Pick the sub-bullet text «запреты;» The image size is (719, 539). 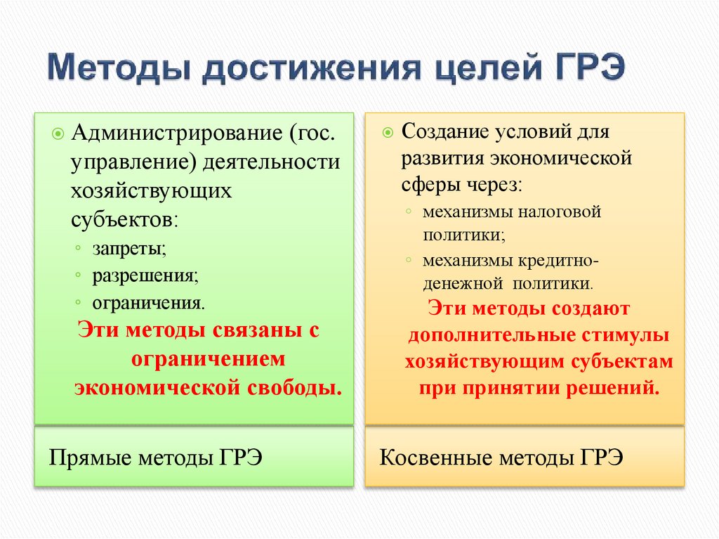(128, 249)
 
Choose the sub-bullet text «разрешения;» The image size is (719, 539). (145, 275)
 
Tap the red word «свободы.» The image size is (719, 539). (296, 387)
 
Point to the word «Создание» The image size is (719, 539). (442, 131)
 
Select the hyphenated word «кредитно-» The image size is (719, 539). (558, 260)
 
